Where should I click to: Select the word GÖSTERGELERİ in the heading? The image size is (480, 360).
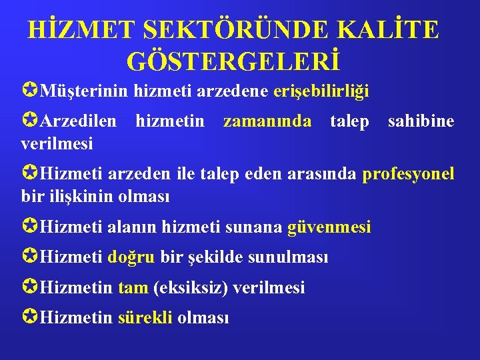click(x=233, y=61)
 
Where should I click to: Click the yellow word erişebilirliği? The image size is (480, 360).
click(x=321, y=91)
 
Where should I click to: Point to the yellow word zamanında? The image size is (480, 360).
click(x=267, y=121)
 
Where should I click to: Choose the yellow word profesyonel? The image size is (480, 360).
click(x=409, y=174)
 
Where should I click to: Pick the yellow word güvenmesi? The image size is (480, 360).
click(x=329, y=227)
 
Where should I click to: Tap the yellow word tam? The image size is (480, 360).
click(x=133, y=287)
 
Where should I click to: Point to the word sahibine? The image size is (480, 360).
click(x=421, y=121)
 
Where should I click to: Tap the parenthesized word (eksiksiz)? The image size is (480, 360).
click(x=190, y=287)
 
